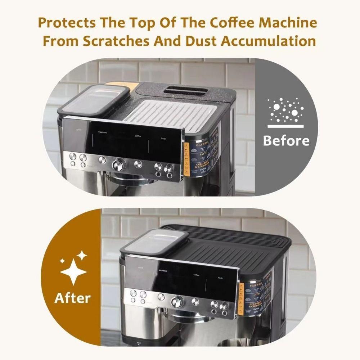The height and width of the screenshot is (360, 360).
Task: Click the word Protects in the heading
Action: (68, 23)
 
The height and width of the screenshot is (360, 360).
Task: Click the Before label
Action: (286, 140)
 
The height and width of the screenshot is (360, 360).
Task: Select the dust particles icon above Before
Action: (286, 110)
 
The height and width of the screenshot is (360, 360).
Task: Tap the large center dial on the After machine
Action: (177, 301)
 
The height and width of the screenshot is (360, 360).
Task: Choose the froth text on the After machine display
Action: (220, 278)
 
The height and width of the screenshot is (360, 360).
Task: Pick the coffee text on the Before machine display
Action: (138, 136)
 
